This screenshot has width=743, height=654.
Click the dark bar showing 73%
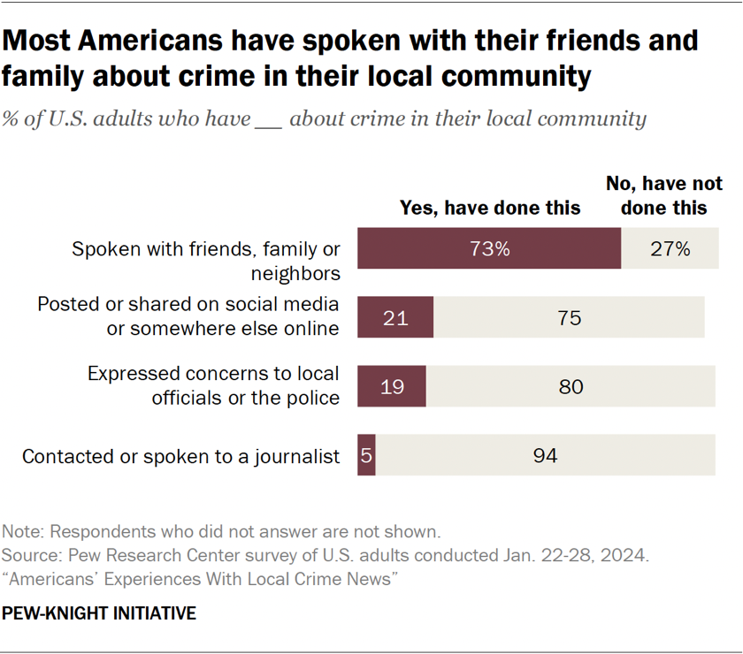(x=489, y=248)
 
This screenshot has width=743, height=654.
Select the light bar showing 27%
(x=669, y=248)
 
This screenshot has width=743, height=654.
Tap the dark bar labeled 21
(x=395, y=316)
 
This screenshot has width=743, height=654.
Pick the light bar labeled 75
(x=569, y=316)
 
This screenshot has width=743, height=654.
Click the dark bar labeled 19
(x=392, y=386)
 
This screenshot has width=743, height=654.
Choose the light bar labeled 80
(x=571, y=386)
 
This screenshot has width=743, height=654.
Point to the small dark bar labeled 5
(x=366, y=456)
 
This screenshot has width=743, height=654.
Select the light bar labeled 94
(x=545, y=456)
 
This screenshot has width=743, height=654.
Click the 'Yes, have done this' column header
(x=490, y=208)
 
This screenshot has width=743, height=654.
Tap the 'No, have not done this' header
(x=663, y=195)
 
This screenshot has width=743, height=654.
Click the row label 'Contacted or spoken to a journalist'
(x=180, y=457)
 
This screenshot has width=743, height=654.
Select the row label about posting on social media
(x=188, y=316)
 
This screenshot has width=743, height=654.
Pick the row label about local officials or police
(x=213, y=386)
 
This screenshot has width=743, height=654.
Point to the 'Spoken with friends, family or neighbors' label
(x=206, y=260)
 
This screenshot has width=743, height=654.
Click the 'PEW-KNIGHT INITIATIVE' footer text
(x=99, y=612)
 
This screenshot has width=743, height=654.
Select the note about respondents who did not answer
(x=221, y=532)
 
